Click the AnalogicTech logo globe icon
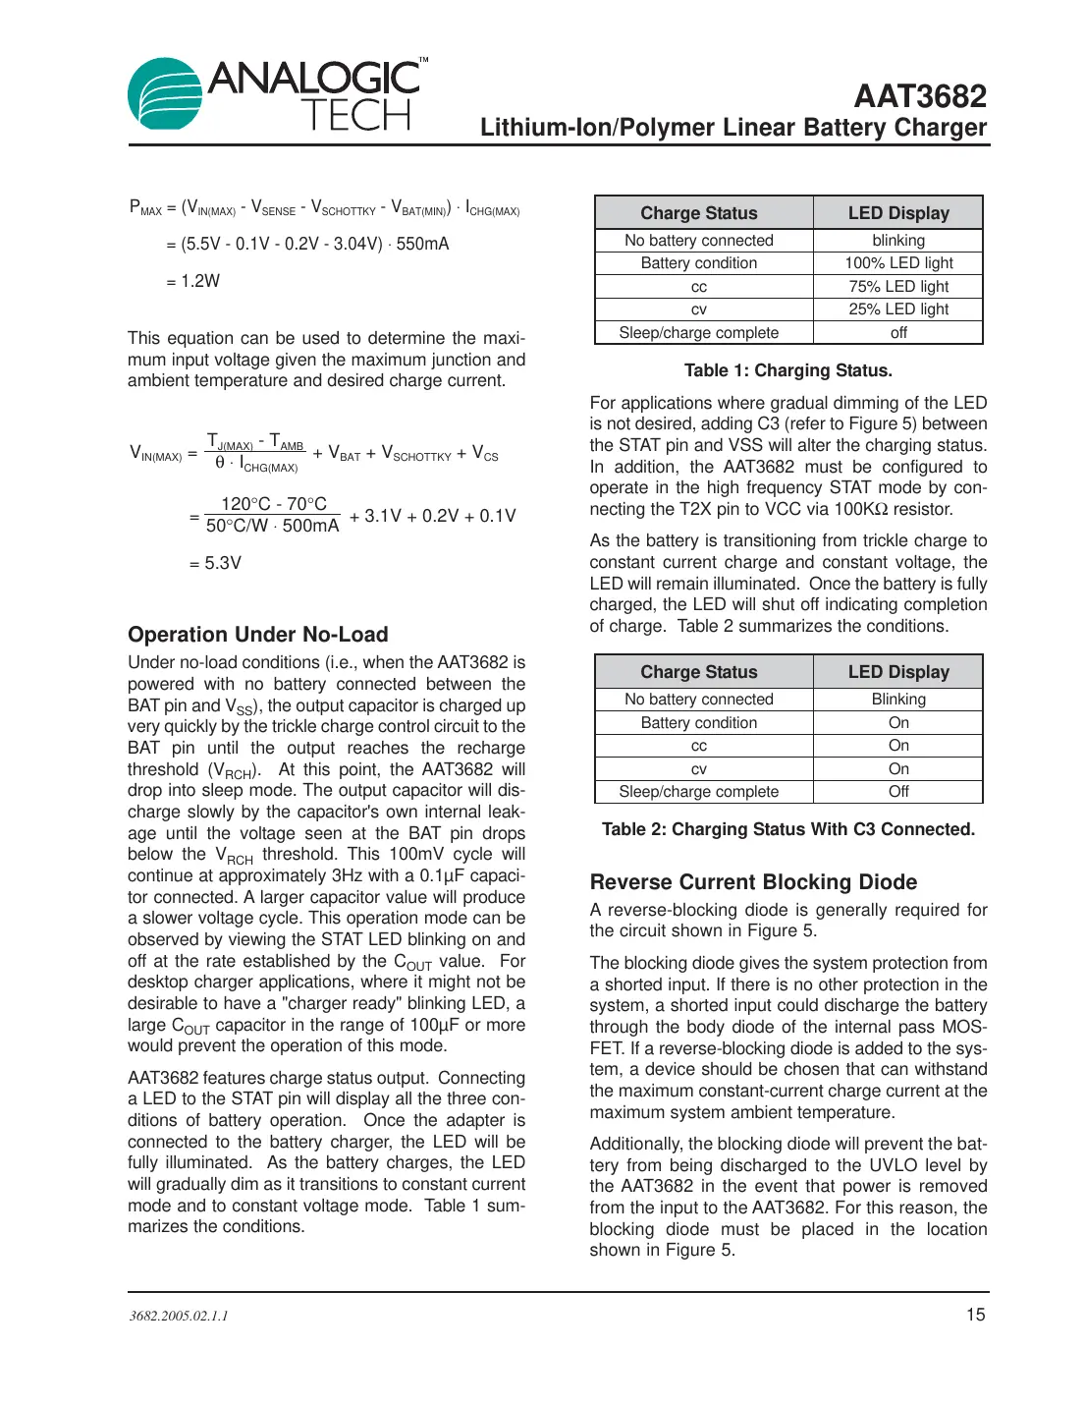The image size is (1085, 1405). click(165, 94)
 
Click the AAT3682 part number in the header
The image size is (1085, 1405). click(919, 96)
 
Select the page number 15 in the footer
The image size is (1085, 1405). click(975, 1315)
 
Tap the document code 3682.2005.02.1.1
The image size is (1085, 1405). click(179, 1316)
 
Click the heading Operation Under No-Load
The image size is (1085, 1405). click(258, 635)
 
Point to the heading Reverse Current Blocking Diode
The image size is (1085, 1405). click(753, 882)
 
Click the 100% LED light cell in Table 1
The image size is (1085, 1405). click(898, 263)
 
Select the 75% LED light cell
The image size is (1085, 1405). click(898, 287)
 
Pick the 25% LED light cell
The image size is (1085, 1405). click(898, 309)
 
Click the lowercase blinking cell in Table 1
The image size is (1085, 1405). click(898, 241)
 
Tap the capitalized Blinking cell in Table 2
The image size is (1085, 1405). click(898, 700)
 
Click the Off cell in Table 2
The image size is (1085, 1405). click(898, 792)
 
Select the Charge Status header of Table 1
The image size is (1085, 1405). click(699, 213)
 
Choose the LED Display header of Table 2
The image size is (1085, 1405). click(898, 672)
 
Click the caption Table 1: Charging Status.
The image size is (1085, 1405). click(787, 370)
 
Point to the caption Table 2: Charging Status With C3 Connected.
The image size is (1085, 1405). click(787, 829)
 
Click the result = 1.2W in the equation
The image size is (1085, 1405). click(193, 281)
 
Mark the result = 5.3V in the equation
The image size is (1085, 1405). click(215, 563)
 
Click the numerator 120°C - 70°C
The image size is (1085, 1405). click(273, 504)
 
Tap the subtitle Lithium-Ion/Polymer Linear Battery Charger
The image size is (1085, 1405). click(732, 128)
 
